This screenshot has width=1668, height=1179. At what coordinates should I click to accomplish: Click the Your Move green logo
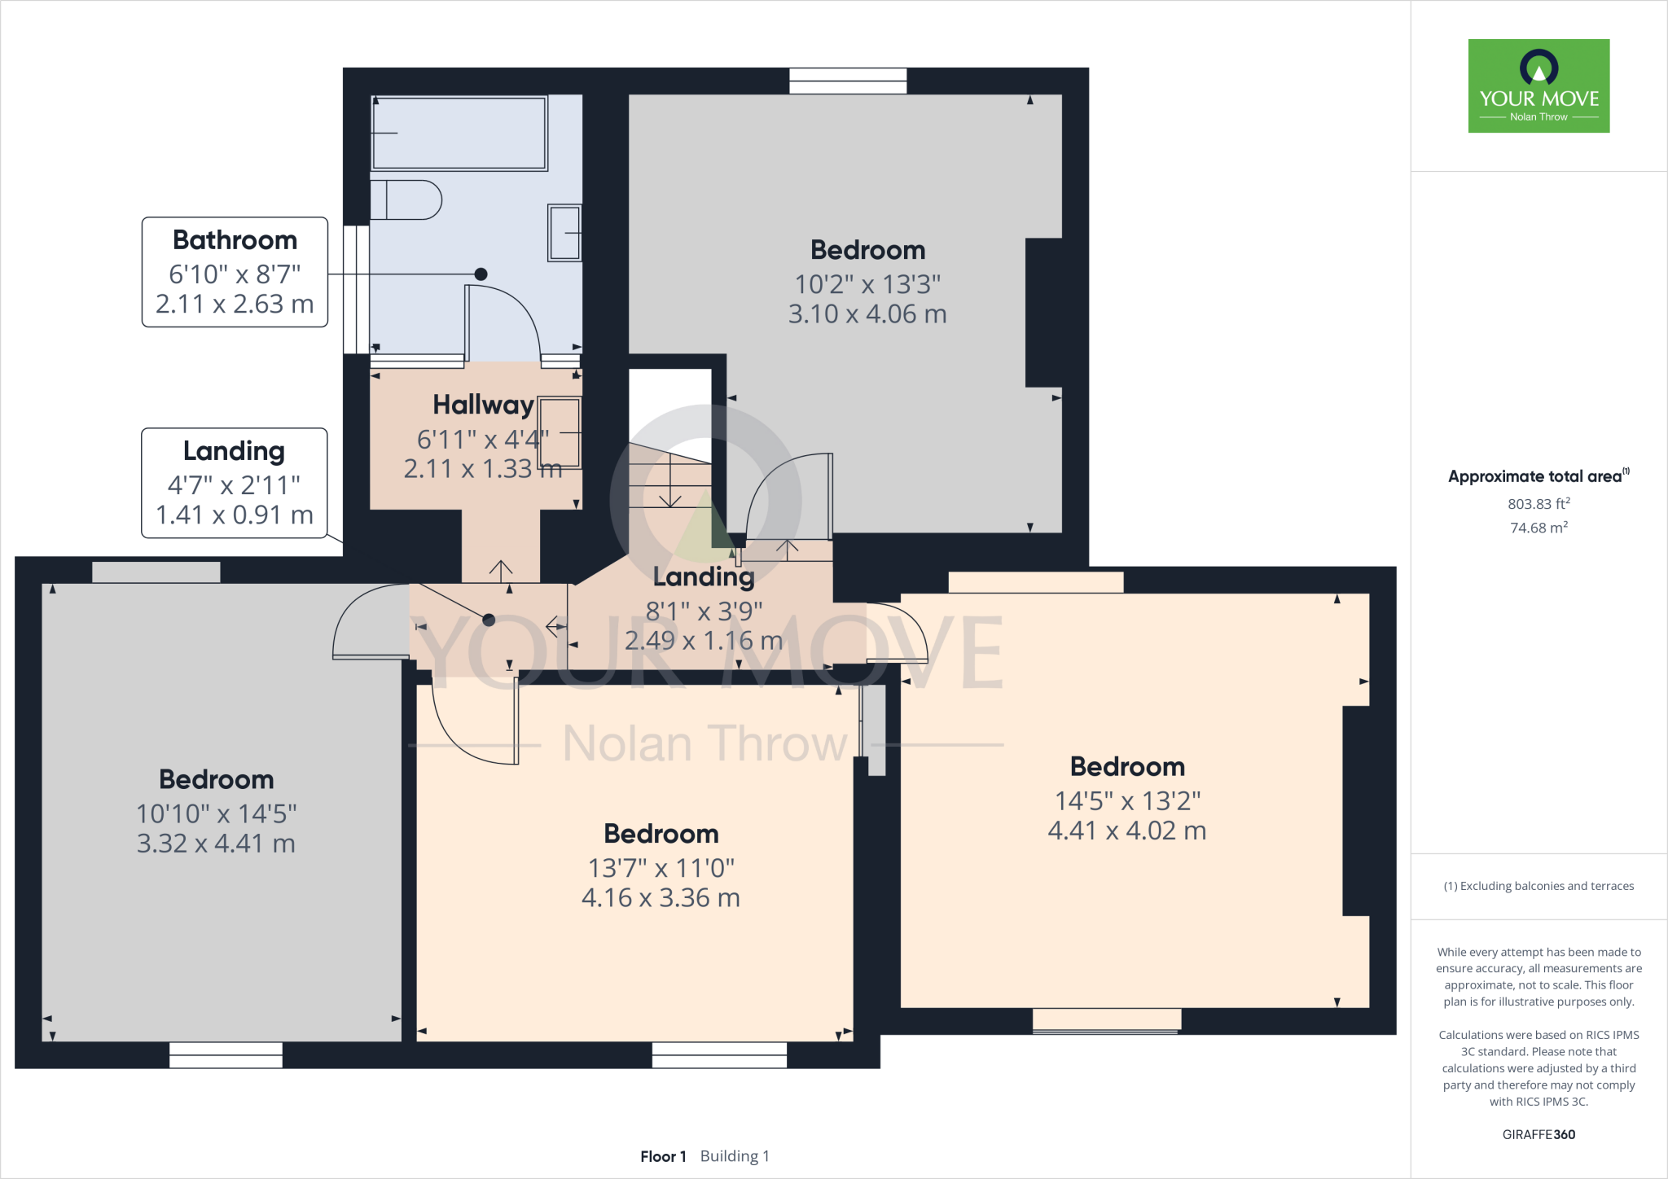(1539, 85)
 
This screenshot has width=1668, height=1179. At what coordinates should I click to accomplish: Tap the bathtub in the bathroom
(459, 133)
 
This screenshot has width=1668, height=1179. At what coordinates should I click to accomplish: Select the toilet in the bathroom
(407, 200)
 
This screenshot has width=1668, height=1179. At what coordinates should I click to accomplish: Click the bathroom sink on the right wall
(564, 232)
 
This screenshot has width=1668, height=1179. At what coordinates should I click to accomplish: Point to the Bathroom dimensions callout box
(235, 272)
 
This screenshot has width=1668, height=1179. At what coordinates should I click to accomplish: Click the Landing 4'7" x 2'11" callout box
(235, 483)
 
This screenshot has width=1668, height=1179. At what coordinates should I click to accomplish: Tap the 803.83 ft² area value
(1538, 504)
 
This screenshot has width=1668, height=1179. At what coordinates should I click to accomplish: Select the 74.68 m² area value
(1538, 528)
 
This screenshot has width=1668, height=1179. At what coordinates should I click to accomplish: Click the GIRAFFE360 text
(1538, 1134)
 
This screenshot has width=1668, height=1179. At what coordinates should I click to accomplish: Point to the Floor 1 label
(663, 1156)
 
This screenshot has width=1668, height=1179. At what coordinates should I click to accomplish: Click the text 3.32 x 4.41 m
(216, 844)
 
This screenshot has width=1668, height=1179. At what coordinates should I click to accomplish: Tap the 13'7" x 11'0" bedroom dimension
(661, 868)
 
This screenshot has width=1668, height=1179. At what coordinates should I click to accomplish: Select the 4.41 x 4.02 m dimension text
(1126, 831)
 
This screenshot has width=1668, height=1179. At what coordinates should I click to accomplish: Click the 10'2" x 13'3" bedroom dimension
(867, 284)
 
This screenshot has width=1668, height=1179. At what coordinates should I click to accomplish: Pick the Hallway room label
(483, 405)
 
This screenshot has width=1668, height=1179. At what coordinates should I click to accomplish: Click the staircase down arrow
(670, 497)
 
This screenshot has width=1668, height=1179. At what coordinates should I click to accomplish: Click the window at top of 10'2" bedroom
(848, 81)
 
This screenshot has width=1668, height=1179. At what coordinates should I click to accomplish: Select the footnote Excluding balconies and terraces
(1538, 886)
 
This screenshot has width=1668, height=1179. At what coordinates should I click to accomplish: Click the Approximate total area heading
(1534, 476)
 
